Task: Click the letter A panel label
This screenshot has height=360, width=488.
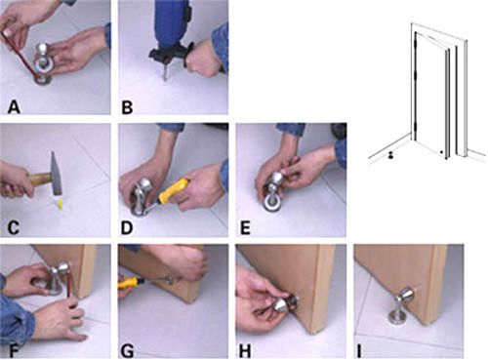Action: (14, 107)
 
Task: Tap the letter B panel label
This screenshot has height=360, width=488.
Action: (127, 107)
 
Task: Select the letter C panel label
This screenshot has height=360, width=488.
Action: (13, 227)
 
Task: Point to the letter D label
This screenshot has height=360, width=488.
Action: (127, 227)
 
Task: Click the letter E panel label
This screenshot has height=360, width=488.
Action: (245, 227)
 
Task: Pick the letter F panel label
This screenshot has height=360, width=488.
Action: (13, 350)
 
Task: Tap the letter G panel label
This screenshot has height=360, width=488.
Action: (128, 350)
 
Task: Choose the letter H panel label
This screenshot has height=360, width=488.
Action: (246, 350)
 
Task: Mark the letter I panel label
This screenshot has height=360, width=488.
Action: (359, 350)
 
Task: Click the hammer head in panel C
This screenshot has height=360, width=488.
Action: (56, 174)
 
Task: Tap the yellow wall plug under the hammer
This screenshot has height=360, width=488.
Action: (60, 204)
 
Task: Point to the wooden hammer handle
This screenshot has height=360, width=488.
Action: (38, 180)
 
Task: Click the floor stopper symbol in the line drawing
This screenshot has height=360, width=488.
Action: (390, 155)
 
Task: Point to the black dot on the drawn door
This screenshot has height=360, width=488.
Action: (441, 152)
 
